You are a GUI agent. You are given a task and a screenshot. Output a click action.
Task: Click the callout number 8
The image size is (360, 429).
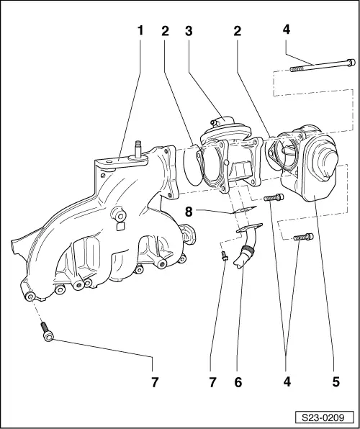click(x=189, y=212)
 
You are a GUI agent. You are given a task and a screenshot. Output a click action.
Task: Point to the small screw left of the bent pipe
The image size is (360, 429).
click(x=225, y=256)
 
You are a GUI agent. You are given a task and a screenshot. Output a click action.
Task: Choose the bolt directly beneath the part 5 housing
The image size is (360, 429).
click(x=304, y=236)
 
